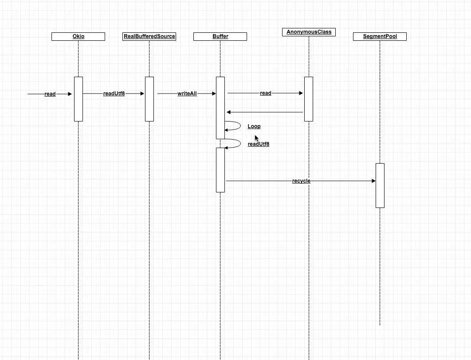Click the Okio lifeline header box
(x=78, y=36)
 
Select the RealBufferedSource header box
(x=149, y=36)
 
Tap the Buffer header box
(x=220, y=36)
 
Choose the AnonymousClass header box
(x=309, y=32)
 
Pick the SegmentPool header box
(x=380, y=36)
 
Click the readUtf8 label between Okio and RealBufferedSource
(x=114, y=94)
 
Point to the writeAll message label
(x=187, y=94)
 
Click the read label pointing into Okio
(x=50, y=94)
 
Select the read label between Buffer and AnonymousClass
(x=266, y=93)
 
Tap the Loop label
(x=254, y=126)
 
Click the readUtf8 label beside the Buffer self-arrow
(x=258, y=144)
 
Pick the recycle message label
(x=301, y=181)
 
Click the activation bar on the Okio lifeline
(x=78, y=99)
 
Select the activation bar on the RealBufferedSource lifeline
(x=149, y=99)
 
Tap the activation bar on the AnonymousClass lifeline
(x=309, y=99)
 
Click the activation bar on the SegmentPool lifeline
(x=380, y=186)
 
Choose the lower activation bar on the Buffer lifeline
(x=220, y=170)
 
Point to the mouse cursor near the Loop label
(x=256, y=138)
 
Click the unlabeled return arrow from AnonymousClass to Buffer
(x=265, y=112)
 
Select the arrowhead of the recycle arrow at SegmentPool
(x=374, y=181)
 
